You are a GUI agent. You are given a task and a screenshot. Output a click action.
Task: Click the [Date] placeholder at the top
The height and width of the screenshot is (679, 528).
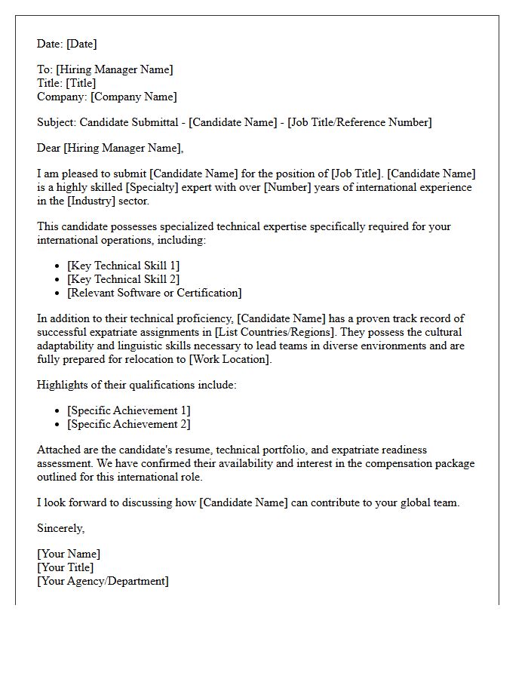point(82,44)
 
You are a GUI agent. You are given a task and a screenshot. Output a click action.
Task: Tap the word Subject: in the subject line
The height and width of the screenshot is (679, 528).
point(57,122)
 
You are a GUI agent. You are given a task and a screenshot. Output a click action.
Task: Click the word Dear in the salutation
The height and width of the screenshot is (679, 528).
point(48,148)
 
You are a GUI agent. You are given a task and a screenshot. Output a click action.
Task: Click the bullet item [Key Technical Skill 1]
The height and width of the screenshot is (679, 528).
point(123,266)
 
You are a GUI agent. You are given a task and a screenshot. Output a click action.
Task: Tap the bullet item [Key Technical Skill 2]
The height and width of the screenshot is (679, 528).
point(123,279)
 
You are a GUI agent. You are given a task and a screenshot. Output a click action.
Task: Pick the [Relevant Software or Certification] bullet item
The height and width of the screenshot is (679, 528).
point(154,293)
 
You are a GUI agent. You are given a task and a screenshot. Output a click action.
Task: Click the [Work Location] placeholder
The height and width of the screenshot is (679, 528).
point(229,359)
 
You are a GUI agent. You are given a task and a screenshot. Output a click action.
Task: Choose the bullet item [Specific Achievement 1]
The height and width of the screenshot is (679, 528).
point(128,410)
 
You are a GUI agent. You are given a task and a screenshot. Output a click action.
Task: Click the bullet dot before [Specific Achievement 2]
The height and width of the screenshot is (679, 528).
point(58,425)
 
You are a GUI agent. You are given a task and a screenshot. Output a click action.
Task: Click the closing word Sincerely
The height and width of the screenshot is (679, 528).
point(60,528)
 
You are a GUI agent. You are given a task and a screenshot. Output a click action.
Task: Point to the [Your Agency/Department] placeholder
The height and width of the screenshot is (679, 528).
point(103,581)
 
